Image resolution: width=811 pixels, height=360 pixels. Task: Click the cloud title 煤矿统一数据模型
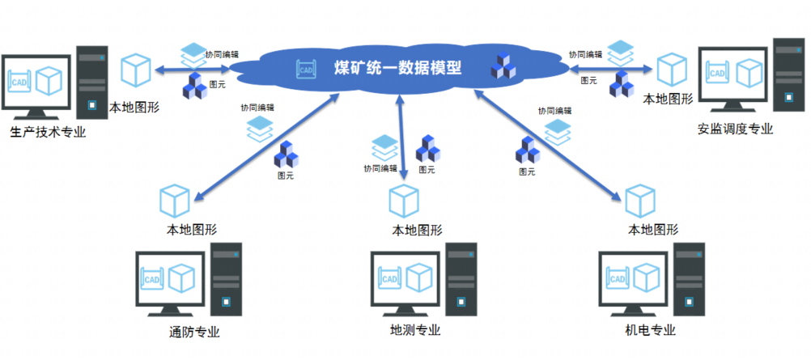tap(397, 68)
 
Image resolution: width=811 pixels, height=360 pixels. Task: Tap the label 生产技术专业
tap(48, 132)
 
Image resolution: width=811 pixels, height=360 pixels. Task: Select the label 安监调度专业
tap(735, 129)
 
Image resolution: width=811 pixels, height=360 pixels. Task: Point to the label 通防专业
tap(194, 331)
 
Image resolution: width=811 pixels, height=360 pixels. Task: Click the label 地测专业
tap(415, 329)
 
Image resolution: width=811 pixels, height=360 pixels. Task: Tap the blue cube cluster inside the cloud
tap(503, 66)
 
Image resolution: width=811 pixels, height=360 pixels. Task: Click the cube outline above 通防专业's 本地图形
tap(174, 201)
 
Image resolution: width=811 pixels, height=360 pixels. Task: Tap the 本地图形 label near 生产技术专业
tap(135, 106)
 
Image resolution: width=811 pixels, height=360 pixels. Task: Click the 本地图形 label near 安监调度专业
tap(668, 99)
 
